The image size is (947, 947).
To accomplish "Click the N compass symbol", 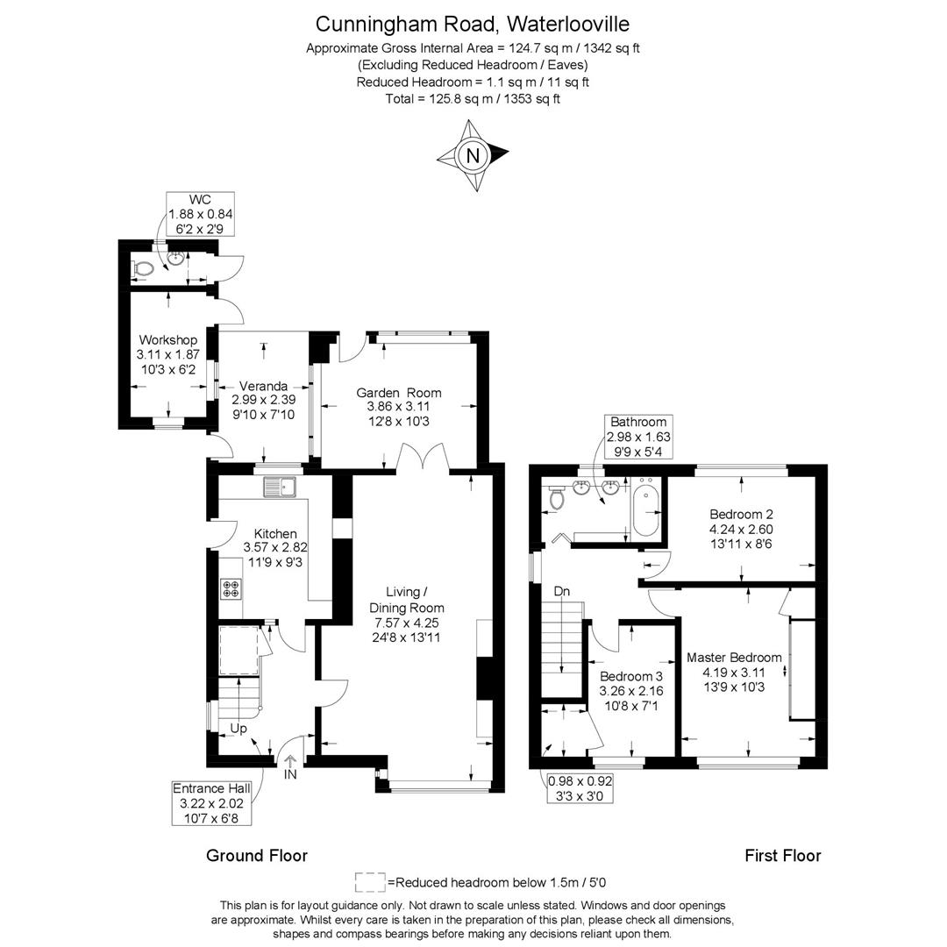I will pos(473,156).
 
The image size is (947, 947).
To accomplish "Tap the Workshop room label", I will pos(167,340).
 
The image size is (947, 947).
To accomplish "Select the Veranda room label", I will pos(264,386).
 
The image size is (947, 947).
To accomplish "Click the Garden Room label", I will pos(399,393).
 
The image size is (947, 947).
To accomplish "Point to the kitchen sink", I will pos(281,486).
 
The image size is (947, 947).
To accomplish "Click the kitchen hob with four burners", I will pos(231,588).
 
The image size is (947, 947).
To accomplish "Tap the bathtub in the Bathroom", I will pos(646,509).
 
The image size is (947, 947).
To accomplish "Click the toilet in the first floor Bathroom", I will pos(555,498).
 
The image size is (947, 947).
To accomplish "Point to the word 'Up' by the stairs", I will pos(239,729).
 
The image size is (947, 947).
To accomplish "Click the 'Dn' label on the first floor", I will pos(562,591).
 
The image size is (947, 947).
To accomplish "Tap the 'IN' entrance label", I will pos(291,774).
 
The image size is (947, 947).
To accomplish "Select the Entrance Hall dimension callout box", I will pos(211,803).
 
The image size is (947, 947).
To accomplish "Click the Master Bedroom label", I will pos(734,658).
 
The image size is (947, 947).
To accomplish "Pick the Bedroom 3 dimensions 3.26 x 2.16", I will pos(630,691).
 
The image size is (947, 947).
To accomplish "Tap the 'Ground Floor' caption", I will pos(257,855).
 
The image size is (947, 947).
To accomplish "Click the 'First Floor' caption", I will pos(782,855).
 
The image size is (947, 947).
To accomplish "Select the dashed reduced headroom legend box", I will pos(370,881).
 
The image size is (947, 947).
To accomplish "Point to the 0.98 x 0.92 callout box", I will pos(580,788).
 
